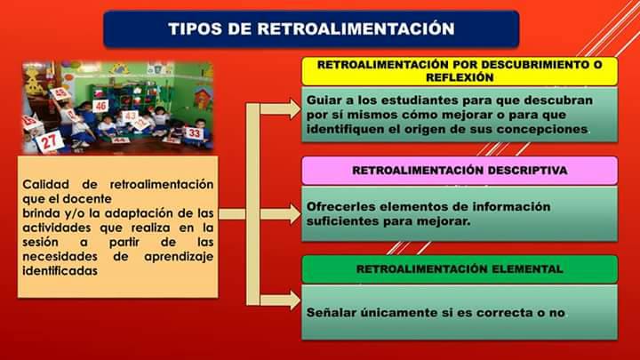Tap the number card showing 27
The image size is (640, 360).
point(51,140)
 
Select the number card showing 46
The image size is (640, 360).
point(100,106)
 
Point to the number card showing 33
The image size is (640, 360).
point(194,133)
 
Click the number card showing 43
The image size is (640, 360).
point(130,116)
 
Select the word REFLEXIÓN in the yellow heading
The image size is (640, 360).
point(460,77)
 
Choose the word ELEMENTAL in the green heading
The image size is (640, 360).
point(524,268)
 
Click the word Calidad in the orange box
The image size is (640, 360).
point(45,184)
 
